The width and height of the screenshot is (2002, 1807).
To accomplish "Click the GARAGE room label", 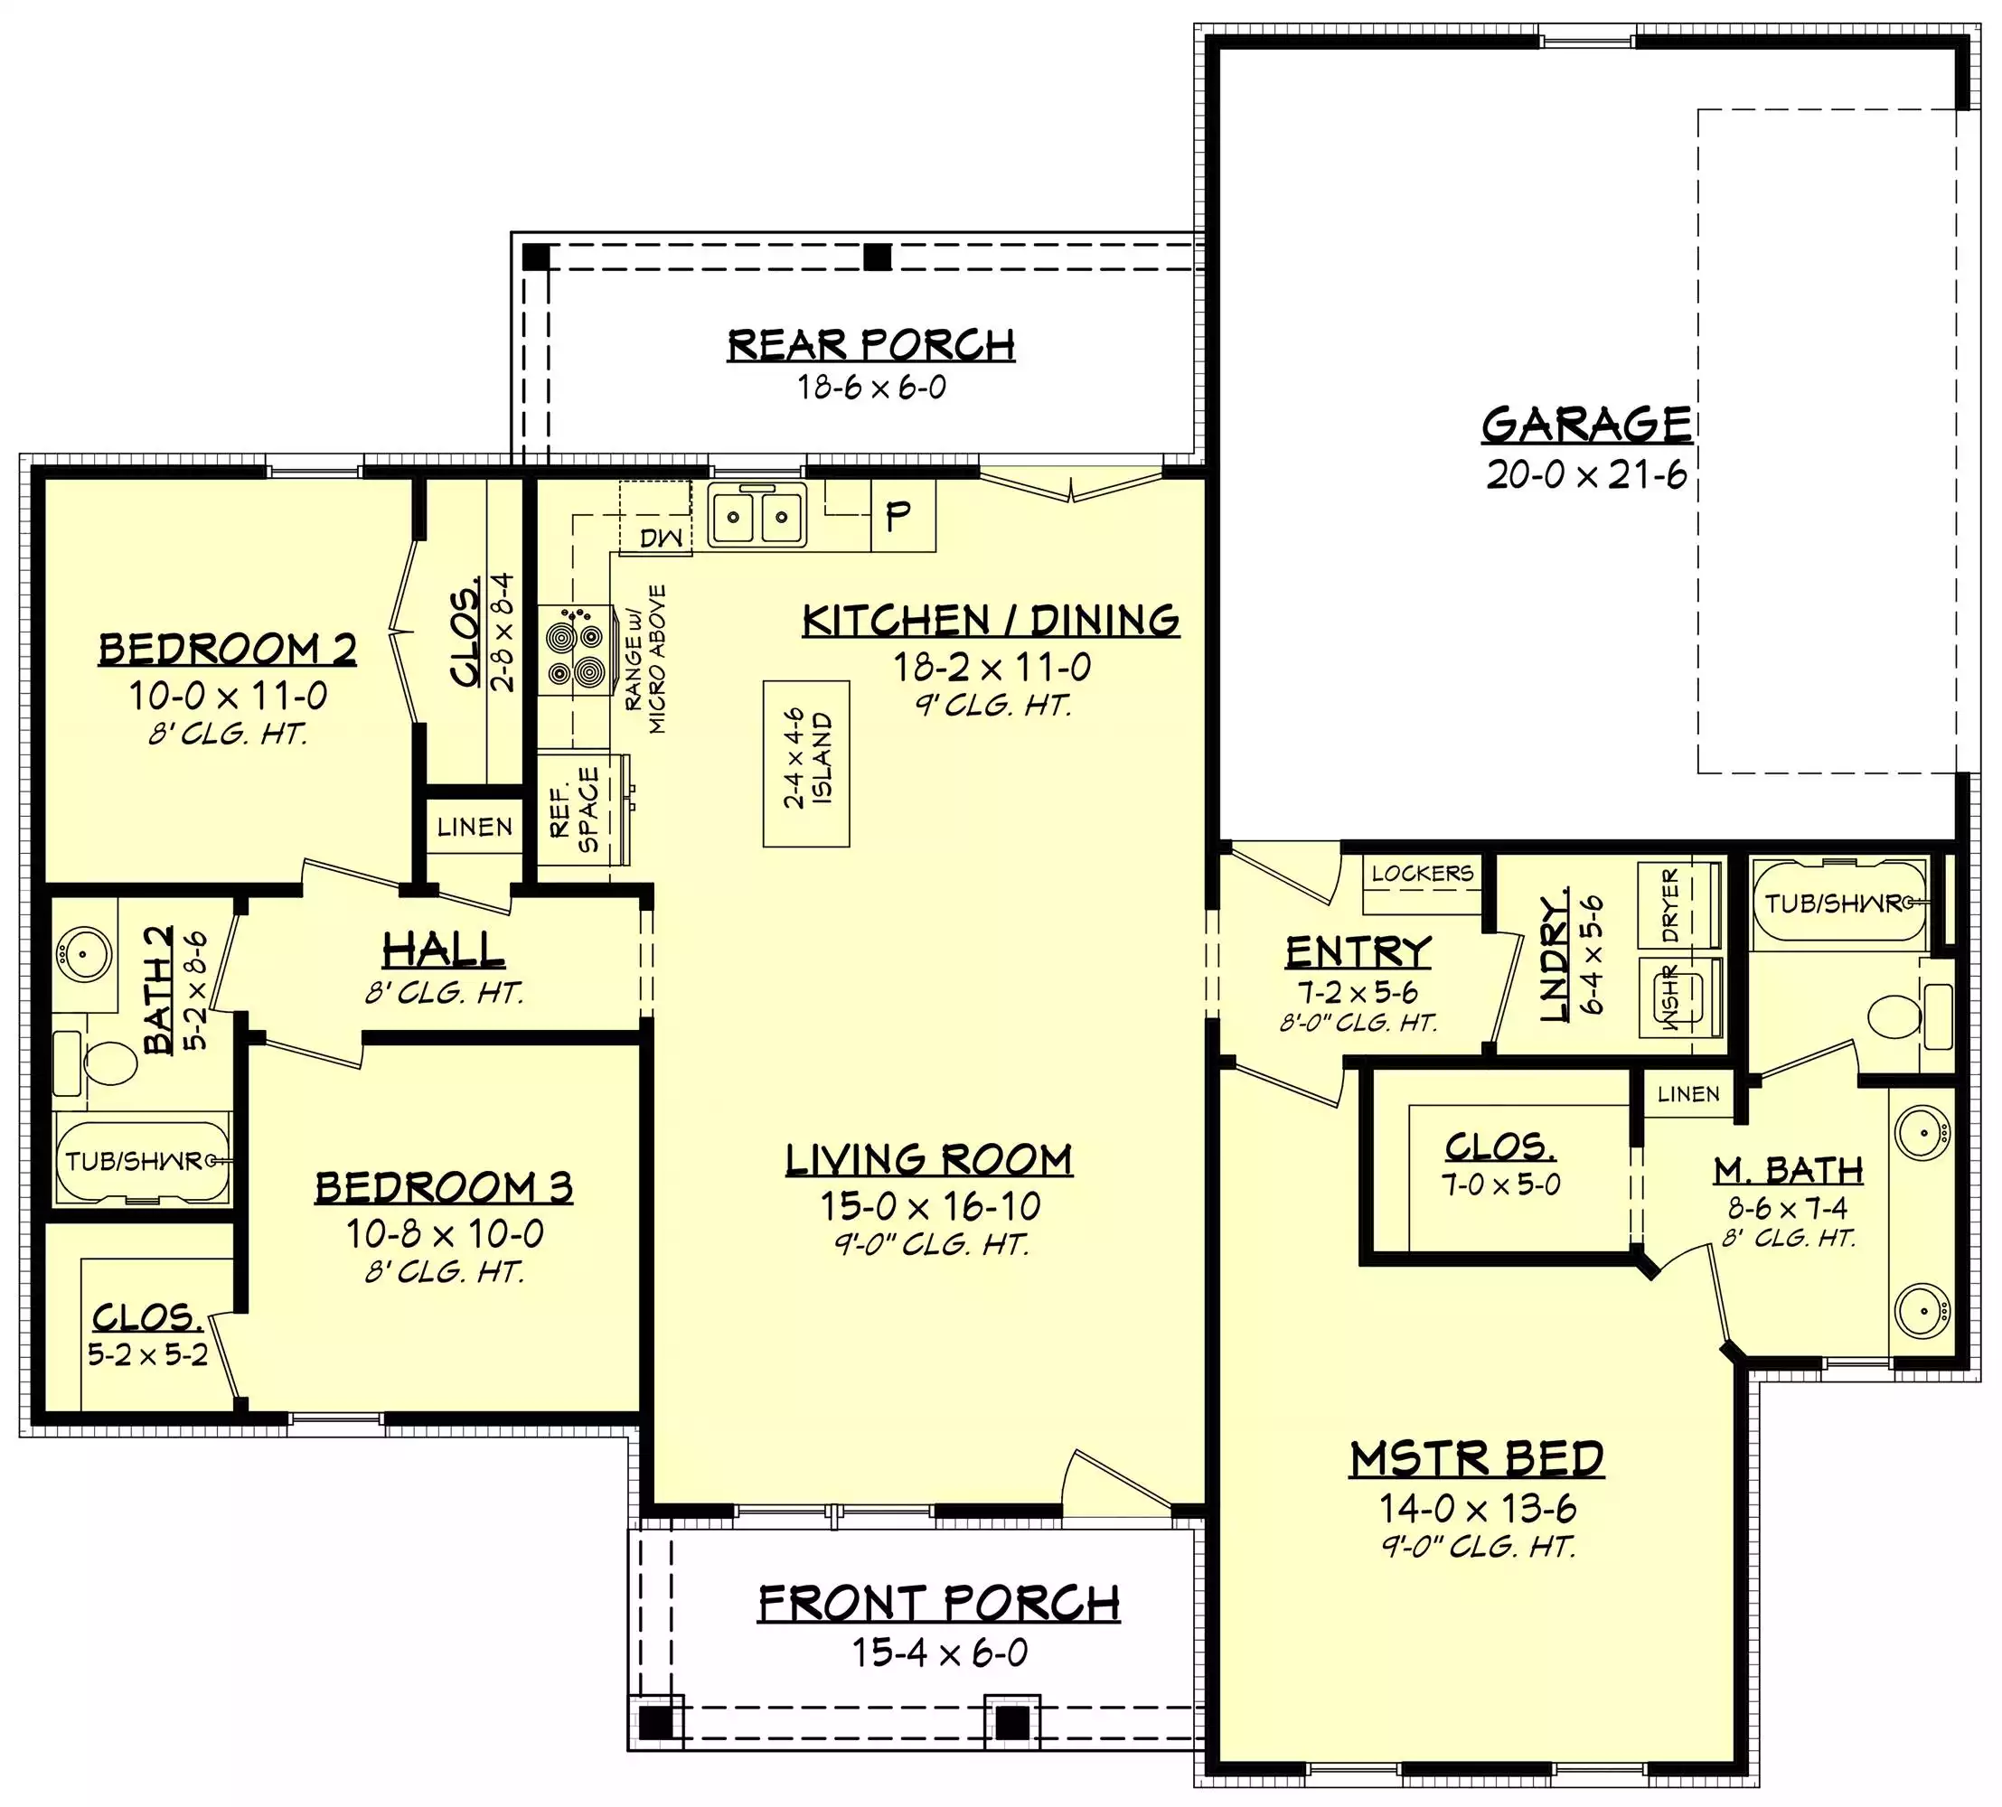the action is coord(1586,424).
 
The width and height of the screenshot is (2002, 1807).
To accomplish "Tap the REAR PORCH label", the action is coord(871,344).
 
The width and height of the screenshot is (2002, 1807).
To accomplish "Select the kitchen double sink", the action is coord(757,515).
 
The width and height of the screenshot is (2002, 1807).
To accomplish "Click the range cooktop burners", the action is coord(576,651).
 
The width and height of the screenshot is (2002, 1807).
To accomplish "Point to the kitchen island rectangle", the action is coord(806,763).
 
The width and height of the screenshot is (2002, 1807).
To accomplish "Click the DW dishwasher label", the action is coord(662,538).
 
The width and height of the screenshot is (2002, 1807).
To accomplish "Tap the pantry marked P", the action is coord(903,516).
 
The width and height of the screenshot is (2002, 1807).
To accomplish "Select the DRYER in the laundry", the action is coord(1679,904).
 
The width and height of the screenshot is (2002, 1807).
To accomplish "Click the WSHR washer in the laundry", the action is coord(1679,997).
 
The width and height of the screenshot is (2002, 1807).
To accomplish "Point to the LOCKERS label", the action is coord(1422,874).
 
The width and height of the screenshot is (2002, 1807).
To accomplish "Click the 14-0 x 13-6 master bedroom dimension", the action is coord(1477,1508).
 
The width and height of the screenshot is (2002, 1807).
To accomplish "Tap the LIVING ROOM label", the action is coord(928,1158).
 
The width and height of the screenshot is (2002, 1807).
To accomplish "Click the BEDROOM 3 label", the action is coord(444,1186).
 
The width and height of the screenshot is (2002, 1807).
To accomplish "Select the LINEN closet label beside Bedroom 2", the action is coord(475,826).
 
